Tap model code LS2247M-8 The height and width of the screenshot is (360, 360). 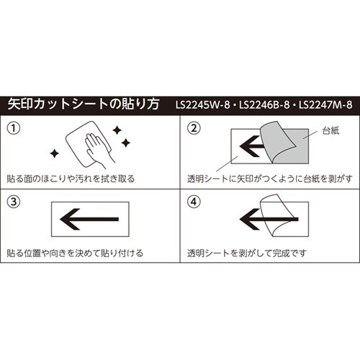327,104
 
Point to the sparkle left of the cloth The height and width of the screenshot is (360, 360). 55,152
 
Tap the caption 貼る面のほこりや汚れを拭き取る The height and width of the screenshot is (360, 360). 70,178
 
